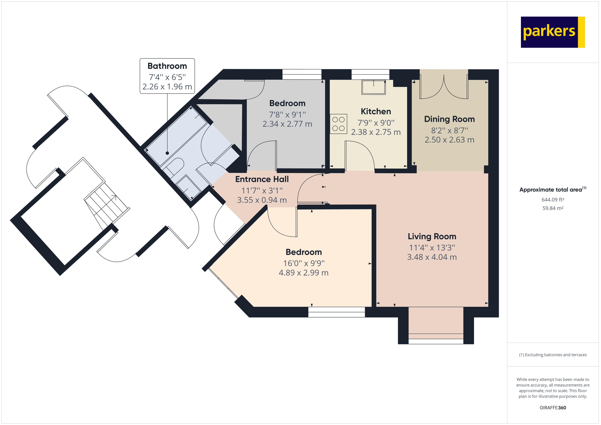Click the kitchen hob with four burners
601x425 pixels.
click(x=338, y=124)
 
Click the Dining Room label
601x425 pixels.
click(x=449, y=119)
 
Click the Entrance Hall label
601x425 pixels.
click(x=262, y=179)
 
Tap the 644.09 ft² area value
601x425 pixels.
click(x=553, y=200)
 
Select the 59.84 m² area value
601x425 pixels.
click(x=553, y=208)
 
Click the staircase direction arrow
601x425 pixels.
click(x=114, y=197)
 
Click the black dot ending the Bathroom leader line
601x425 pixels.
click(x=167, y=153)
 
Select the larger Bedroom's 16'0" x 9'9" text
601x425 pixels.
click(x=304, y=263)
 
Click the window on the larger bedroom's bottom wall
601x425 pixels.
click(x=336, y=312)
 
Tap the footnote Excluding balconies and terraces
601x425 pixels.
click(x=553, y=355)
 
